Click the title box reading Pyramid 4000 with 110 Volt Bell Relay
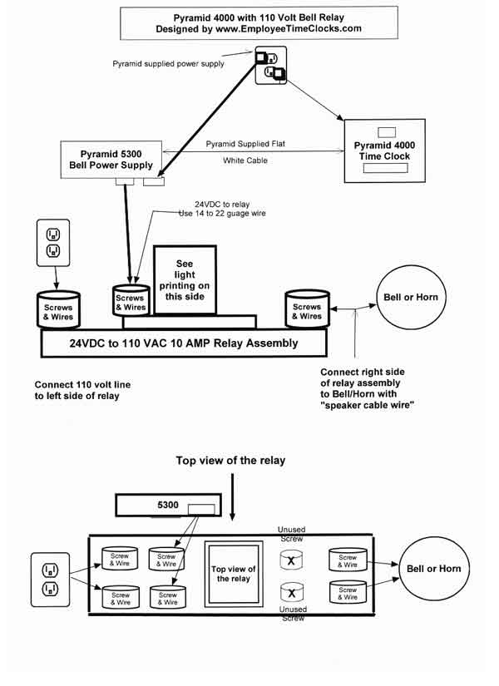pyautogui.click(x=259, y=22)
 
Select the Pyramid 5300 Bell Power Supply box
pyautogui.click(x=111, y=160)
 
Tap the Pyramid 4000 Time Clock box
pyautogui.click(x=385, y=151)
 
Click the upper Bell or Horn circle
pyautogui.click(x=411, y=297)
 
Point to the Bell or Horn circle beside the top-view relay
pyautogui.click(x=434, y=568)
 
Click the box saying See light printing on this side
pyautogui.click(x=185, y=280)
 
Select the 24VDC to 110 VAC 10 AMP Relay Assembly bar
pyautogui.click(x=184, y=343)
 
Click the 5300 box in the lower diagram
pyautogui.click(x=168, y=505)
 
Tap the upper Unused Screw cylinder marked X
pyautogui.click(x=291, y=560)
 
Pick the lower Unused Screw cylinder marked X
pyautogui.click(x=292, y=592)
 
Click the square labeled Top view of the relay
pyautogui.click(x=234, y=574)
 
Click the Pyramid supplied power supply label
pyautogui.click(x=168, y=64)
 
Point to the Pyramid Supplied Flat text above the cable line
pyautogui.click(x=245, y=144)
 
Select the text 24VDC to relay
pyautogui.click(x=222, y=205)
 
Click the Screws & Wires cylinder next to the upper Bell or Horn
pyautogui.click(x=307, y=308)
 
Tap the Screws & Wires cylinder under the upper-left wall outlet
pyautogui.click(x=58, y=310)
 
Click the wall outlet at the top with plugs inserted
pyautogui.click(x=271, y=65)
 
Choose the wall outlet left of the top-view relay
pyautogui.click(x=51, y=580)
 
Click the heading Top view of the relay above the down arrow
pyautogui.click(x=230, y=461)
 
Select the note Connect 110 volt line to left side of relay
pyautogui.click(x=82, y=390)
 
